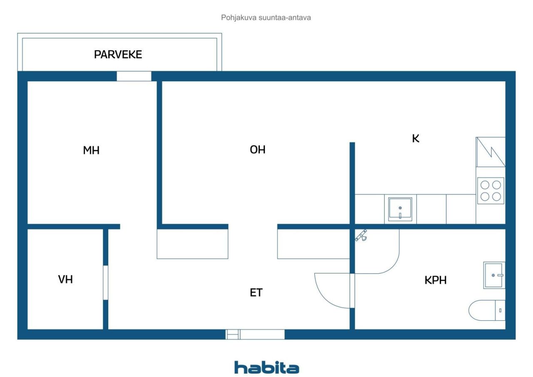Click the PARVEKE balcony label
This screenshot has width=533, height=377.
(x=118, y=55)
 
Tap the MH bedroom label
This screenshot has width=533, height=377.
(x=91, y=150)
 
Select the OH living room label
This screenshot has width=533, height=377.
(x=257, y=150)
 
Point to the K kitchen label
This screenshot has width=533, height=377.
(x=416, y=139)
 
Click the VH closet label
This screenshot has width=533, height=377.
(x=65, y=280)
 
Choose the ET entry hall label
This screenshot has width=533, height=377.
(x=256, y=293)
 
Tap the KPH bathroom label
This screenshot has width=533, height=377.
(x=436, y=280)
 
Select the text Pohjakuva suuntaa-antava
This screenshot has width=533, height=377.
(x=266, y=18)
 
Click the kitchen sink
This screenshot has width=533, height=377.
(x=400, y=209)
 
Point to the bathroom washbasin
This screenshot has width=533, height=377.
(x=494, y=275)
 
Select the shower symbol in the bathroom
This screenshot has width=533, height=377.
(x=361, y=235)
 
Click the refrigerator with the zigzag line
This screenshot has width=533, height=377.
(x=491, y=152)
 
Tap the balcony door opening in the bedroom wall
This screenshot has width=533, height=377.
(x=134, y=76)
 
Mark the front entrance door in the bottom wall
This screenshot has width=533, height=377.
(x=255, y=334)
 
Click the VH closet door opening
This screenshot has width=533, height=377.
(x=105, y=282)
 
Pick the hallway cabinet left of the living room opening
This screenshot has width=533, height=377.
(x=192, y=244)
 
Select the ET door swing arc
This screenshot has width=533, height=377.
(x=329, y=292)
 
